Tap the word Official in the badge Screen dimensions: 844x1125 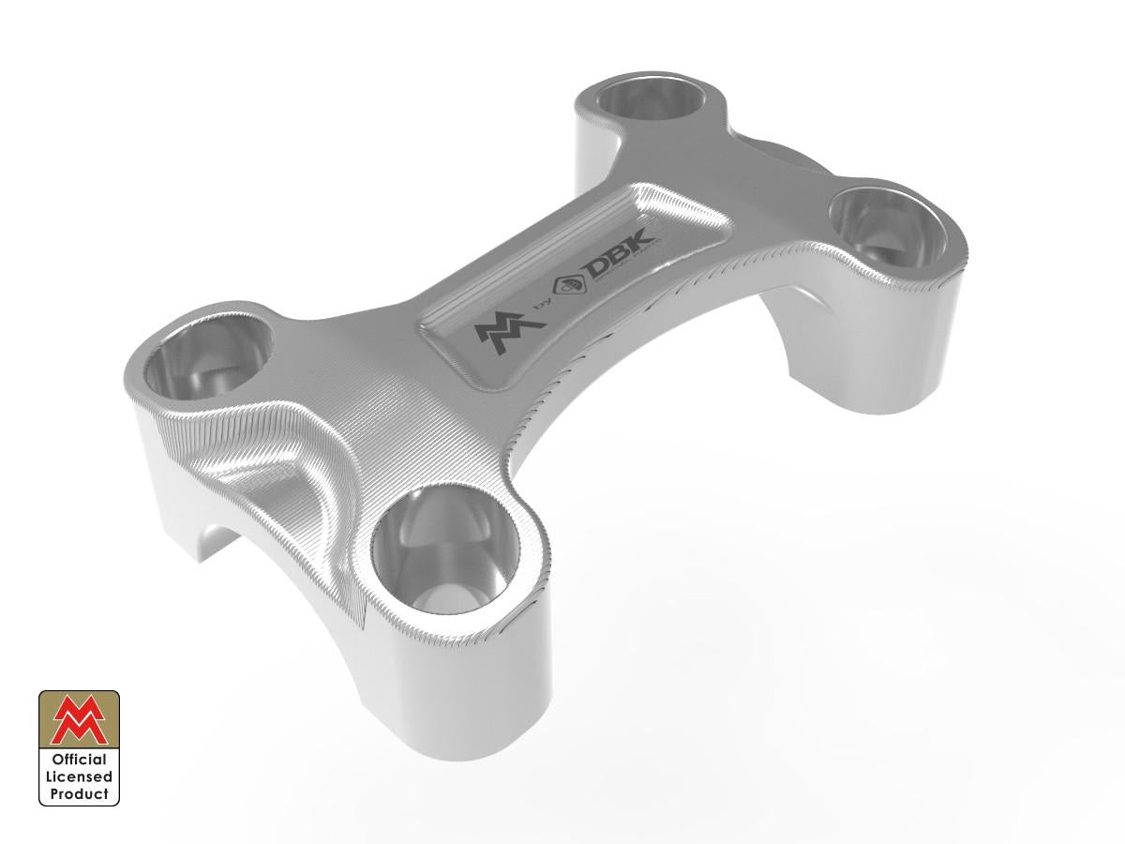[79, 760]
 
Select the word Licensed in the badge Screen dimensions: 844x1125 [79, 776]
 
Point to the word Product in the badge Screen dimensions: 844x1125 [79, 793]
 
